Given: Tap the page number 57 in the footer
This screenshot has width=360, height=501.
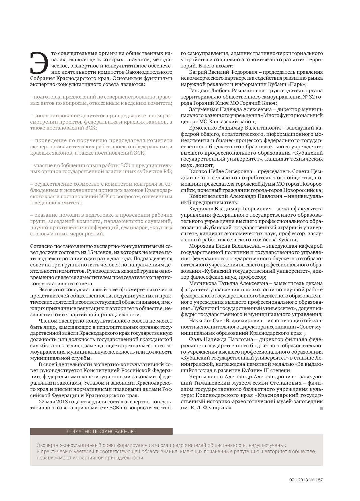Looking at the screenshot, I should pos(320,480).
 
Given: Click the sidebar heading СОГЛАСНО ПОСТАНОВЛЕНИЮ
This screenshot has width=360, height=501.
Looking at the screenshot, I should pos(101,431).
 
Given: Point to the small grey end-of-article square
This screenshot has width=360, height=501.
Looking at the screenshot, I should pos(322,408).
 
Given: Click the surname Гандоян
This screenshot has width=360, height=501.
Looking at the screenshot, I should pos(199,91).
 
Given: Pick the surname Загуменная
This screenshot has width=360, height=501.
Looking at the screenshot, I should pos(203,109).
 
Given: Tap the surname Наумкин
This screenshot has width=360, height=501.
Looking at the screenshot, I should pos(199,321).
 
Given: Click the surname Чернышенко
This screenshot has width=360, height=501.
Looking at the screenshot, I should pos(204,377).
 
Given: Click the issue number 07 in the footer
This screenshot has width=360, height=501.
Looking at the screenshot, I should pos(291,480).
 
